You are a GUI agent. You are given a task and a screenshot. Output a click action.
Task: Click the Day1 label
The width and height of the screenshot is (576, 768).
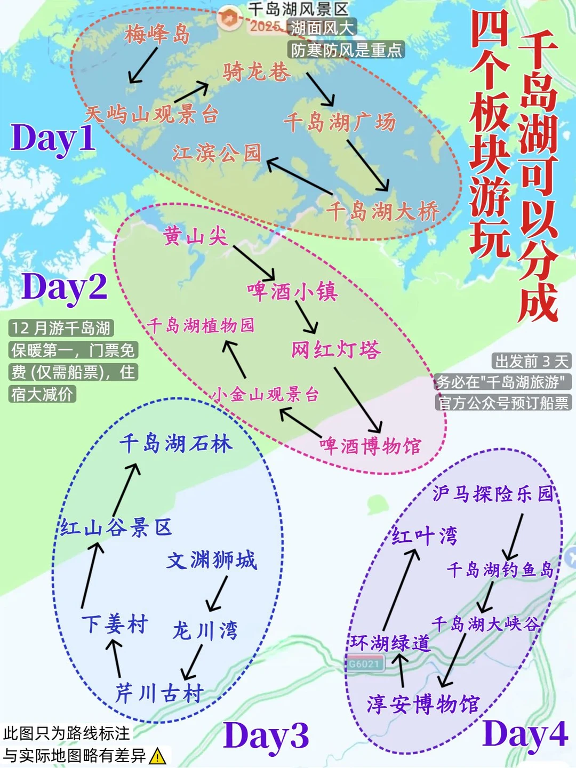tap(53, 138)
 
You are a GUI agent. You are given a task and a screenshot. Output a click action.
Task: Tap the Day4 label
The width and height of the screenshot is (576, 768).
tap(525, 734)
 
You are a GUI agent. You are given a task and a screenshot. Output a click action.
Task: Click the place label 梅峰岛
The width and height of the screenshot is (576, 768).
tap(157, 35)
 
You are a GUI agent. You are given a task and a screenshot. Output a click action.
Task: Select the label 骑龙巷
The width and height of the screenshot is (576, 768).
tap(257, 71)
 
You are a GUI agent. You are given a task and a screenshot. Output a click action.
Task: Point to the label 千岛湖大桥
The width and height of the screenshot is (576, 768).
tap(382, 211)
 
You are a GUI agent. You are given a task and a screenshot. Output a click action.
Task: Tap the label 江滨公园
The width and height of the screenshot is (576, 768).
tap(217, 153)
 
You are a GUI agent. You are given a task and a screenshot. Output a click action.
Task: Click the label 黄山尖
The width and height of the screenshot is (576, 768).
tap(195, 236)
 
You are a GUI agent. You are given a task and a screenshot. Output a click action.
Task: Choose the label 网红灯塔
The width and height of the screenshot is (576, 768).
tap(335, 350)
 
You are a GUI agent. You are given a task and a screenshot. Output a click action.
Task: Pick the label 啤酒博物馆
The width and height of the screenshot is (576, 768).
tap(370, 446)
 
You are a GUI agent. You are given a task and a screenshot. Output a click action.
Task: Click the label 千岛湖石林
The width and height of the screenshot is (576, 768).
tap(175, 444)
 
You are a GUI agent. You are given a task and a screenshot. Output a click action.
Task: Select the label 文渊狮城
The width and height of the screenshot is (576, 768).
tap(212, 561)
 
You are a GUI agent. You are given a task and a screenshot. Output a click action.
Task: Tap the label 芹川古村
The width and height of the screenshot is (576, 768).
tap(159, 693)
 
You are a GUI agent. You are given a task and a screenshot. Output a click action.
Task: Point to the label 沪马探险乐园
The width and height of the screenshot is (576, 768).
tap(493, 494)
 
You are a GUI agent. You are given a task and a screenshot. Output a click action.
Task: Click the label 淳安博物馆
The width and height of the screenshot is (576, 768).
tap(423, 704)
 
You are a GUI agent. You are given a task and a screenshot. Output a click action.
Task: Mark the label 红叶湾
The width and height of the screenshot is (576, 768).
tap(425, 535)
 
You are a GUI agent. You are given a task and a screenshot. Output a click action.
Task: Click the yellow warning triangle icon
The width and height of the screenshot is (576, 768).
tap(158, 756)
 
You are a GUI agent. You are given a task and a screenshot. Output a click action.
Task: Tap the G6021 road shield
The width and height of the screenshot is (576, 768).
tap(364, 664)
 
